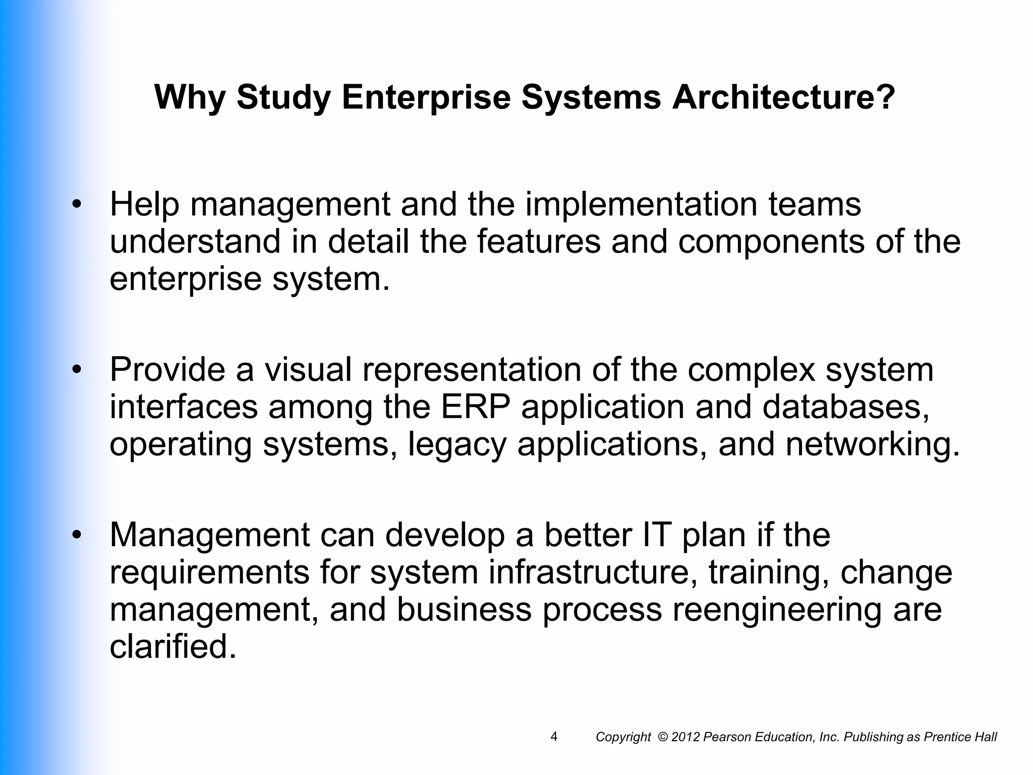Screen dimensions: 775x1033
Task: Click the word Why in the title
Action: click(190, 97)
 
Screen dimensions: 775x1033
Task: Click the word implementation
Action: click(641, 205)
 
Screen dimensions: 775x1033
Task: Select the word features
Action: click(538, 242)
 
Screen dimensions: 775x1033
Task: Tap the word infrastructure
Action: click(593, 572)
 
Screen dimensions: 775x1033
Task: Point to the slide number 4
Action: click(554, 737)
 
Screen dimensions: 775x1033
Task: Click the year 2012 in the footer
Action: click(685, 737)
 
